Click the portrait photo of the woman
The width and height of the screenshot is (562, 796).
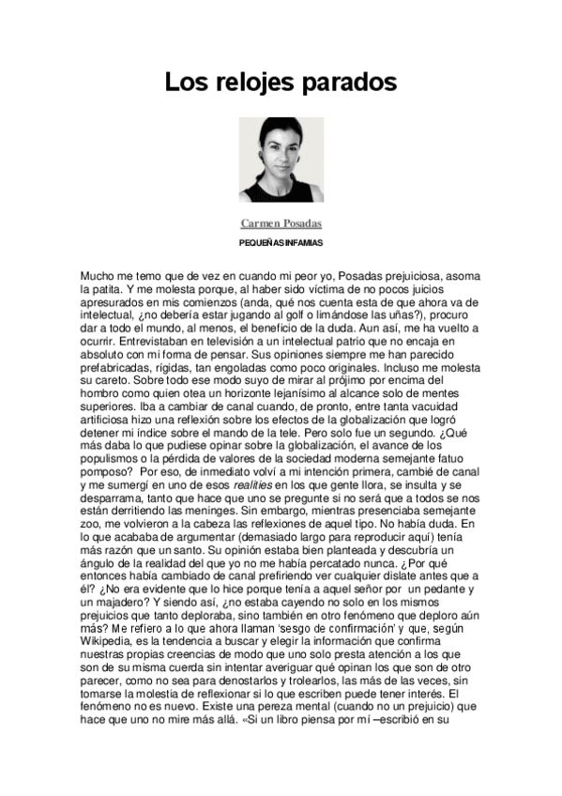(281, 160)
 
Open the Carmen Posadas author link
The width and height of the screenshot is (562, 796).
(281, 223)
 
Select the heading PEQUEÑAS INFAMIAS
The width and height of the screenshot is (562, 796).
(281, 243)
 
